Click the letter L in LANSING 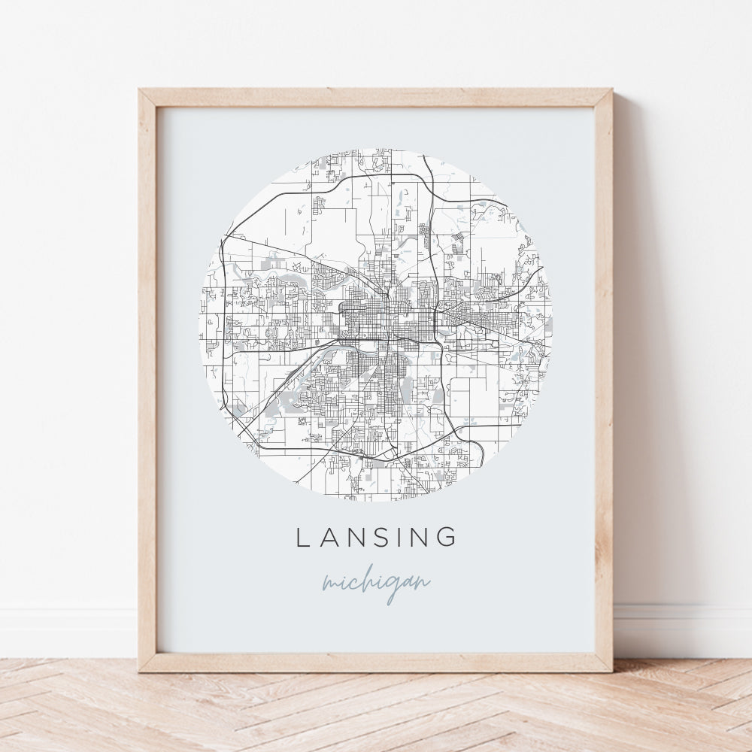click(x=302, y=537)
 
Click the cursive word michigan click(x=376, y=584)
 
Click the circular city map click(x=376, y=324)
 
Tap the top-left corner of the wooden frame click(x=141, y=91)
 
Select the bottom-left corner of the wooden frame click(x=141, y=669)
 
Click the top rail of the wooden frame click(x=376, y=97)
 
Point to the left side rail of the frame click(x=147, y=376)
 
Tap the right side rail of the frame click(x=603, y=376)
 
